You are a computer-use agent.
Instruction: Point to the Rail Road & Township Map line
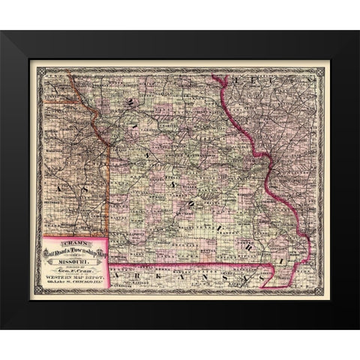click(76, 249)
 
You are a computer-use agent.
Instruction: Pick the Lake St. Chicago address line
click(76, 282)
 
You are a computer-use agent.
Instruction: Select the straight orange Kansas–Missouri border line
click(110, 187)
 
